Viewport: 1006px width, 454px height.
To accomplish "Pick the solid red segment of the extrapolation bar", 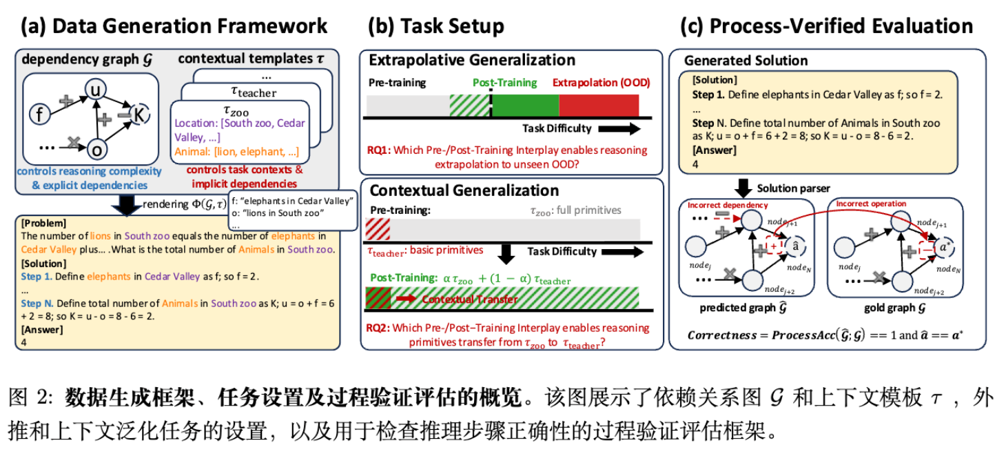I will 598,106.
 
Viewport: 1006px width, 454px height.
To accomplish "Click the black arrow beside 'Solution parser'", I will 743,188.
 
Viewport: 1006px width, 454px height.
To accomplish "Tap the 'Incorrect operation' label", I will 870,204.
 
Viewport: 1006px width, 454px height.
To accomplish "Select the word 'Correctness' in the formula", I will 721,335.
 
